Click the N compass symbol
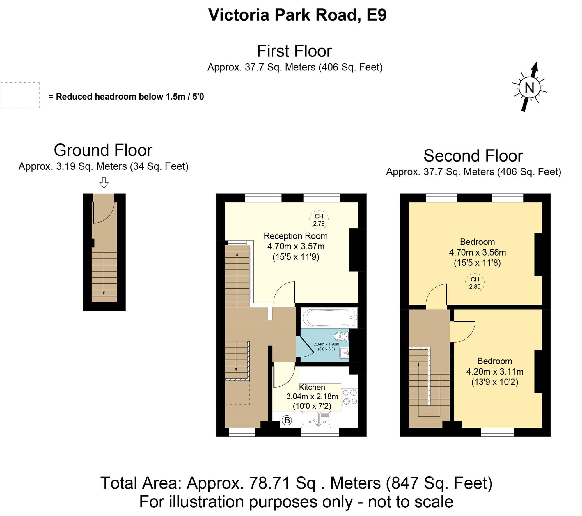[529, 87]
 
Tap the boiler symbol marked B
[287, 420]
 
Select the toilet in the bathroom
[341, 337]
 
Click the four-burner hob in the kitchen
[349, 397]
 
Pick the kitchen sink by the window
[316, 419]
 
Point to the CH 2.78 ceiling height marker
[319, 220]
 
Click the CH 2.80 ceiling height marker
[475, 283]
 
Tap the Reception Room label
[295, 236]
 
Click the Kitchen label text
[312, 387]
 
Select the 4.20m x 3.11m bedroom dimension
[495, 372]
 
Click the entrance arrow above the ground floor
[104, 182]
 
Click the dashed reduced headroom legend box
[20, 95]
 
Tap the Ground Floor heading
[103, 150]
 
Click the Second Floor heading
[473, 156]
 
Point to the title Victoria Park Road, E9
[297, 15]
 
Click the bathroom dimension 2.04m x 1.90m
[326, 344]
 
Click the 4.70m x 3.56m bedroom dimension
[477, 252]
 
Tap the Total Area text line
[296, 483]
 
